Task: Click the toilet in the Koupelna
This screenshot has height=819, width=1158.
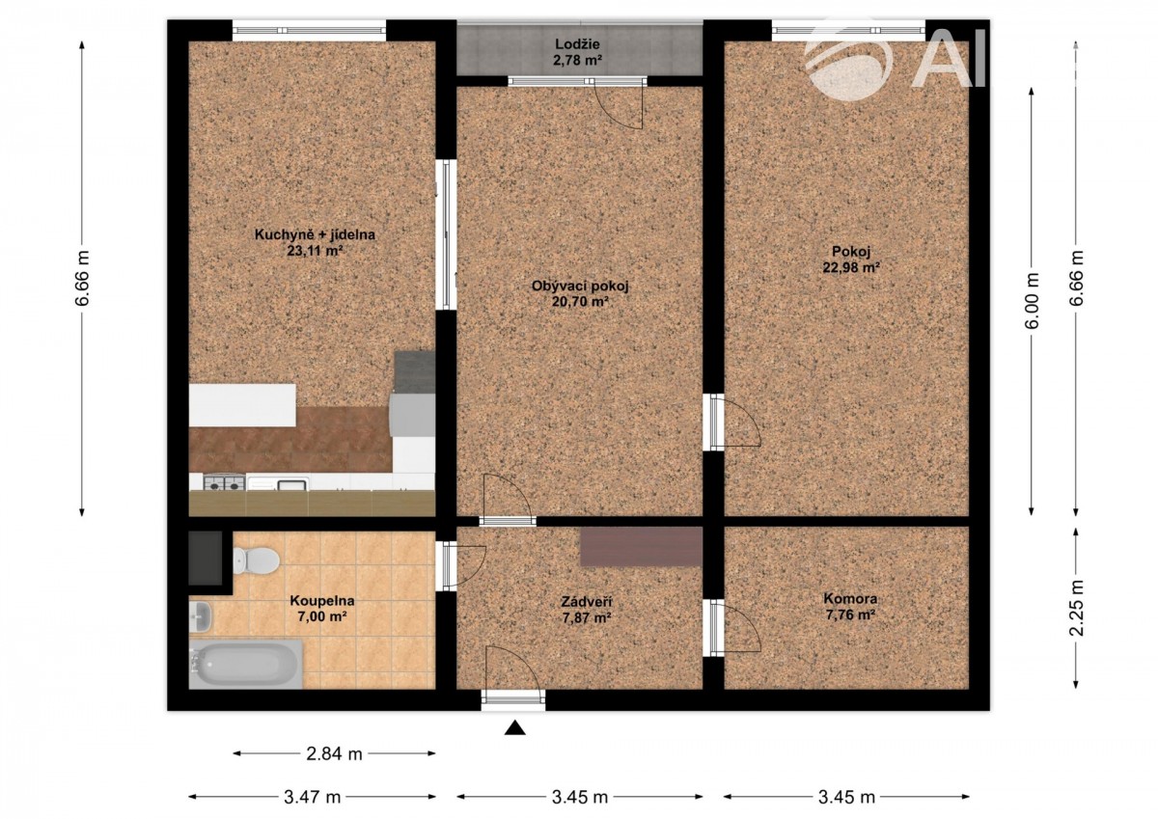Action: coord(256,560)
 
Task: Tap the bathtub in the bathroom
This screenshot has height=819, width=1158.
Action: coord(245,664)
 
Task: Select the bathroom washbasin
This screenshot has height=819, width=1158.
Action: coord(201,617)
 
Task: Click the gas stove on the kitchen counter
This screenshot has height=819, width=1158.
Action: coord(224,483)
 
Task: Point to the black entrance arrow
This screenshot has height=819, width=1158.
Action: coord(515,727)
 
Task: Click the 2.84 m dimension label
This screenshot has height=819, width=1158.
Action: coord(334,754)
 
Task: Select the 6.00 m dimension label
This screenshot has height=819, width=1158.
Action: coord(1032,301)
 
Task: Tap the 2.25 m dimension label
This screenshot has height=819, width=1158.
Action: coord(1076,607)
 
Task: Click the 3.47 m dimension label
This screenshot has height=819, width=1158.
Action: coord(312,798)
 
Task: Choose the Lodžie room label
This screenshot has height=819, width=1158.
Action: coord(577,44)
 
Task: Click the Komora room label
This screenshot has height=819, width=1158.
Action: coord(850,598)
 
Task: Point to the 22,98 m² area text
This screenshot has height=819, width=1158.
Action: coord(851,267)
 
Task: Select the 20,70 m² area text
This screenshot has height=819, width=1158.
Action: coord(580,301)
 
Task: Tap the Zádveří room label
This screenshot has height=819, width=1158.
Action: coord(587,601)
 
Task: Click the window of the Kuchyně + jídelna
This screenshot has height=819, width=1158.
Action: coord(309,30)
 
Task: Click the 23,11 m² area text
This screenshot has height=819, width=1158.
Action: coord(316,251)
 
